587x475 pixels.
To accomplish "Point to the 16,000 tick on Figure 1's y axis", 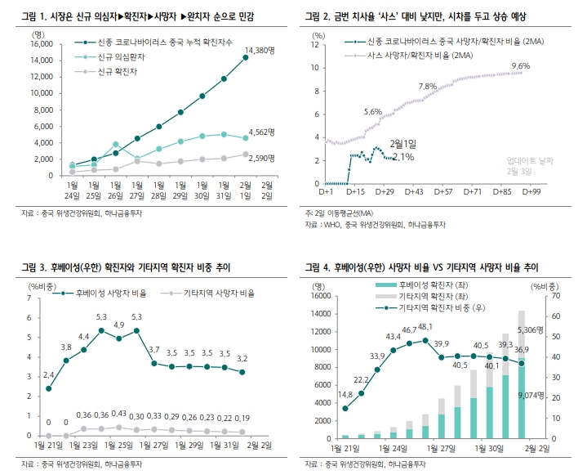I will point(40,43).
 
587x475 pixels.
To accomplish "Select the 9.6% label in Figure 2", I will point(520,65).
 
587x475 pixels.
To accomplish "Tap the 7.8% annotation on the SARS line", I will point(427,86).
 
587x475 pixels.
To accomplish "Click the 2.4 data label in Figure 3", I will point(48,374).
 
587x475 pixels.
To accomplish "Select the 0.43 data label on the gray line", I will point(119,415).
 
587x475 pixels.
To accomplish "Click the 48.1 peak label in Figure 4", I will point(425,326).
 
